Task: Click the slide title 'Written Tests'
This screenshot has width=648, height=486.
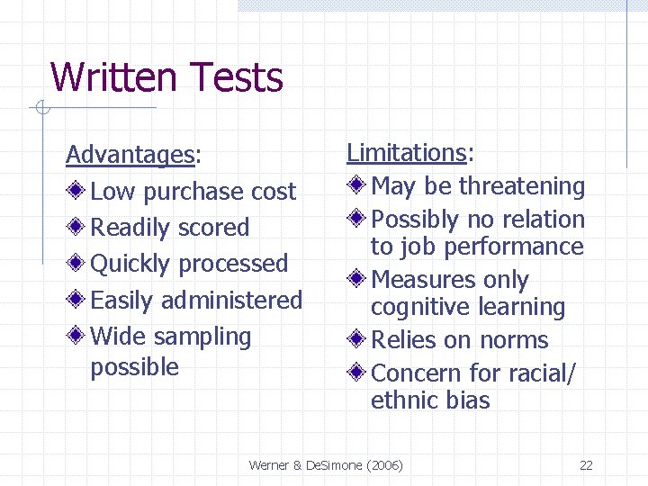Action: (166, 77)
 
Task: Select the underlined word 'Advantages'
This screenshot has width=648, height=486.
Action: (130, 155)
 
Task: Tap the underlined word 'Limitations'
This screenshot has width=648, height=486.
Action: (406, 153)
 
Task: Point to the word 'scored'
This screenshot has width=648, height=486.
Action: (213, 228)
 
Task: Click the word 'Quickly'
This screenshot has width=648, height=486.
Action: (130, 264)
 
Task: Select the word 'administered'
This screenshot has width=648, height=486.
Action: (231, 300)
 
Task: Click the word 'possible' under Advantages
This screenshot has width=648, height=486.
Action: (135, 367)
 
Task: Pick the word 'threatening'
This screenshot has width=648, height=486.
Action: (522, 186)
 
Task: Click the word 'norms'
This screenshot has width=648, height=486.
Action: (514, 340)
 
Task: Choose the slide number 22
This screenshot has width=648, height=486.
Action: (586, 465)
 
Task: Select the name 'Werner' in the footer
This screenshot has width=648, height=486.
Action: (269, 465)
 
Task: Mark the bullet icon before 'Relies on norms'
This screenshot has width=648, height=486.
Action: (358, 340)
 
